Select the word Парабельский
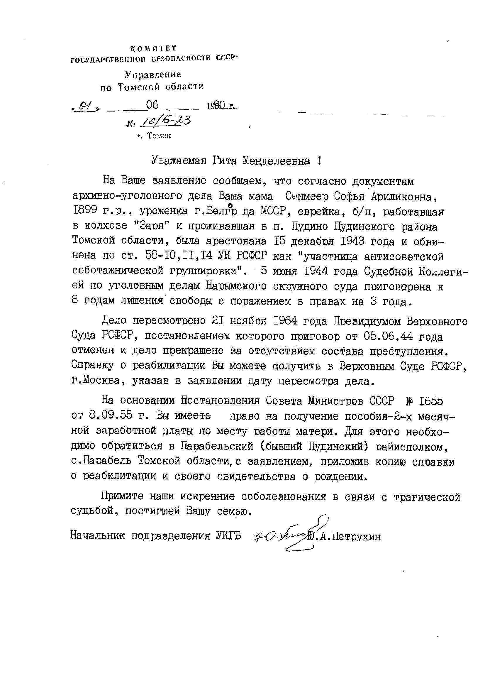[x=216, y=446]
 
